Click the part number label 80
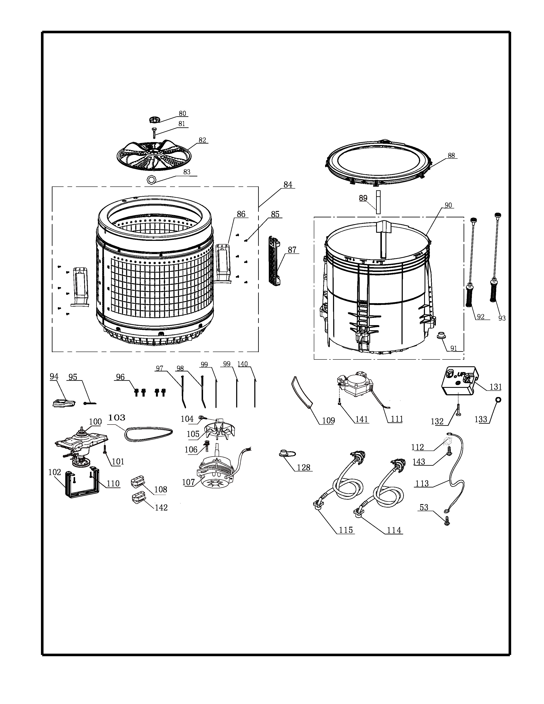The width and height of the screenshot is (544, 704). (182, 113)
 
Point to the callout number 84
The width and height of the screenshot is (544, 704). (288, 185)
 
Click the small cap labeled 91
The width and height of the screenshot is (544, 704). (441, 336)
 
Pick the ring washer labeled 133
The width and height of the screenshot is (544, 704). (498, 400)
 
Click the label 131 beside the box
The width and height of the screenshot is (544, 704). (496, 387)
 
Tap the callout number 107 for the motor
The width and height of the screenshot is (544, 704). (189, 482)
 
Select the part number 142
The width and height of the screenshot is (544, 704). (161, 508)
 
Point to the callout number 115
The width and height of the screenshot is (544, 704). (346, 530)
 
